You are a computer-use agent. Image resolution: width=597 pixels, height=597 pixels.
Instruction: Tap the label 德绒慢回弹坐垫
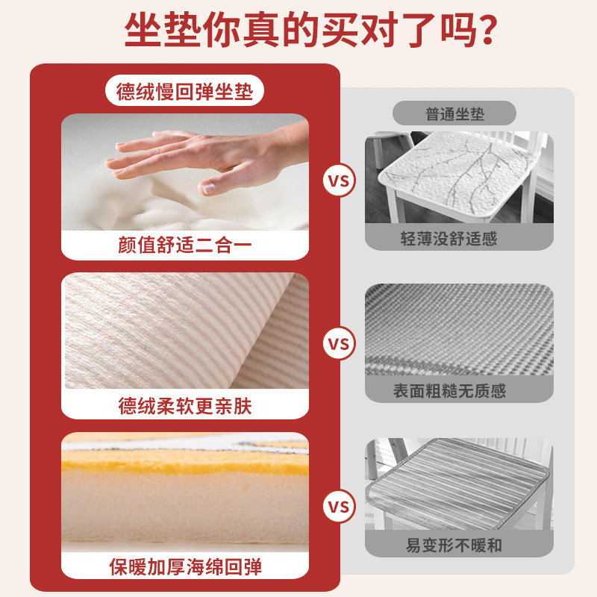[x=184, y=92]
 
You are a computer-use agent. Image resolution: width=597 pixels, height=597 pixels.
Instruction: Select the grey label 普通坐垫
[x=454, y=113]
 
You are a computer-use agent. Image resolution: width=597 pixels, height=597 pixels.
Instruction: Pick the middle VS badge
[x=339, y=344]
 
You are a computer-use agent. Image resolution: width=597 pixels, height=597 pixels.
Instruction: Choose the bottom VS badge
[x=339, y=508]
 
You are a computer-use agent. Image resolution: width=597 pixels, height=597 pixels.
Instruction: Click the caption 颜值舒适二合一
[x=184, y=246]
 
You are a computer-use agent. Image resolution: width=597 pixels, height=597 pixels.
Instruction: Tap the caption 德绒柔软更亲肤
[x=184, y=405]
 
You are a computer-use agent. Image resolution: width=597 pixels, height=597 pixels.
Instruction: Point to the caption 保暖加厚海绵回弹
[x=184, y=567]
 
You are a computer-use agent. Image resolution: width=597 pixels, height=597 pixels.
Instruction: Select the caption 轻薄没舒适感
[x=459, y=239]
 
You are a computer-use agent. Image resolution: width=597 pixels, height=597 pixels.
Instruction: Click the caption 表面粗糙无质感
[x=459, y=391]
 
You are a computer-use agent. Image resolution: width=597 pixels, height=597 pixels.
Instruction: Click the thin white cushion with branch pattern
[x=455, y=175]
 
